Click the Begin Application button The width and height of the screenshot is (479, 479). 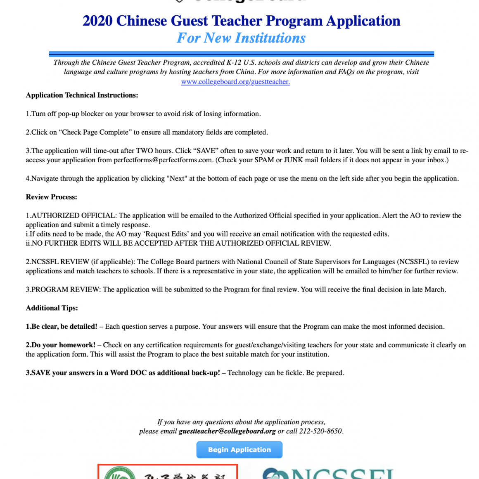pyautogui.click(x=239, y=450)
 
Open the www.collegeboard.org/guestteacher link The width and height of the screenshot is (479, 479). pyautogui.click(x=235, y=82)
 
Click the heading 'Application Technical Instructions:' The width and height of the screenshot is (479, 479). pyautogui.click(x=82, y=95)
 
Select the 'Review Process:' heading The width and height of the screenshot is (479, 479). pyautogui.click(x=51, y=197)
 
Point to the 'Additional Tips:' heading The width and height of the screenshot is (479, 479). pyautogui.click(x=52, y=308)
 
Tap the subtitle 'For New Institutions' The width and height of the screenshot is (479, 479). pyautogui.click(x=241, y=38)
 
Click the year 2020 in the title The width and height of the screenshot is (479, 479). pyautogui.click(x=97, y=21)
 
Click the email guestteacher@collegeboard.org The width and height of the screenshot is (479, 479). pyautogui.click(x=227, y=431)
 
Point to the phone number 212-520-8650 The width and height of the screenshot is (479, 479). pyautogui.click(x=320, y=431)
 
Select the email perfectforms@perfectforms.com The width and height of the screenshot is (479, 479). pyautogui.click(x=163, y=160)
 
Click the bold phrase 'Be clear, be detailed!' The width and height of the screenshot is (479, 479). pyautogui.click(x=64, y=327)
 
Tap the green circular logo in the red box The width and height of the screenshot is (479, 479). pyautogui.click(x=120, y=474)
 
